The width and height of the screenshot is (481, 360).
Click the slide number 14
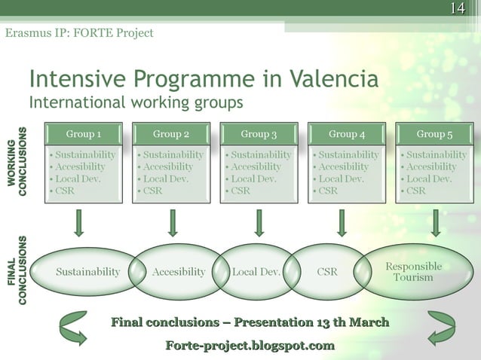(x=456, y=9)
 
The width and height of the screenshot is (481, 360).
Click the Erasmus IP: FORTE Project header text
(x=79, y=33)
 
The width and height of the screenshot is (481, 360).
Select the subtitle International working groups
(x=136, y=101)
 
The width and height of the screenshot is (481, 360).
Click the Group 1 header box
(x=84, y=134)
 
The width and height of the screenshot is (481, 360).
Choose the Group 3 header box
(x=259, y=134)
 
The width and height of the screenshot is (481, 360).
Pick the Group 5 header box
(x=434, y=134)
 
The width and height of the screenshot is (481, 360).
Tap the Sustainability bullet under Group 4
(x=348, y=154)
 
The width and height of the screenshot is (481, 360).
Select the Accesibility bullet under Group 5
(x=431, y=166)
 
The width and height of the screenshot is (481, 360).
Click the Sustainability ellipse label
(x=87, y=272)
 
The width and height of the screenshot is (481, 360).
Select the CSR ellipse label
(x=327, y=272)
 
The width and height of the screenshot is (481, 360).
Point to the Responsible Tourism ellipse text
(x=413, y=272)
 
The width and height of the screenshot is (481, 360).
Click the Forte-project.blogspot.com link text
(x=250, y=346)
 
